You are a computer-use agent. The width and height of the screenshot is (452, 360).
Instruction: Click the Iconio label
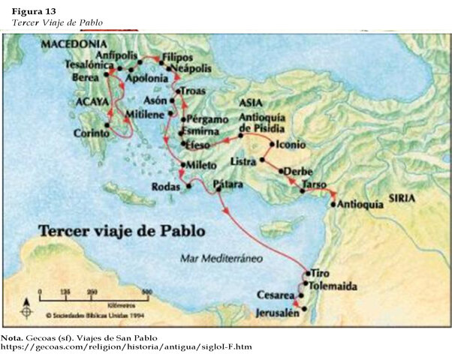[291, 144]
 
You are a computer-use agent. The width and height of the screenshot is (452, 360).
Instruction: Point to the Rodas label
[166, 186]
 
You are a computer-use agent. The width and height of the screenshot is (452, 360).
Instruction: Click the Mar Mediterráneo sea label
[220, 259]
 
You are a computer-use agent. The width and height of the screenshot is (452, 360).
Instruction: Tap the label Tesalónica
[81, 65]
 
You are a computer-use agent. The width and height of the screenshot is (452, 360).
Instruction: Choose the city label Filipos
[178, 57]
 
